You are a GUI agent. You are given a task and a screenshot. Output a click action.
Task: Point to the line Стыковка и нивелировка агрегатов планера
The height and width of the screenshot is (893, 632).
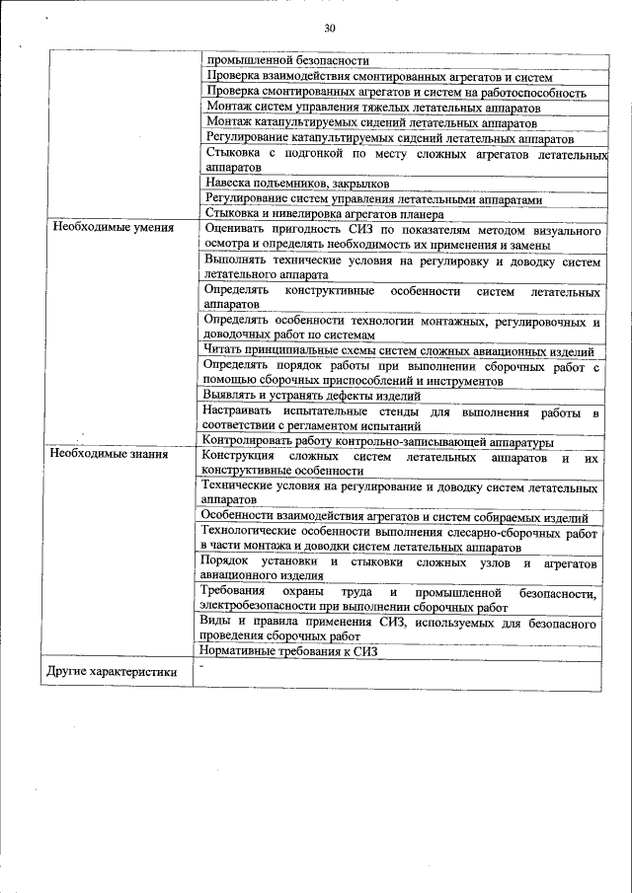coord(325,213)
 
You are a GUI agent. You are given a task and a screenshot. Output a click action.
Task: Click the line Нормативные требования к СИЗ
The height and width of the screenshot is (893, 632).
coord(289,651)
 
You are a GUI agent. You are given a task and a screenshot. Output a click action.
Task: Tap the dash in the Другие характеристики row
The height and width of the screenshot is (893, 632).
coord(200,667)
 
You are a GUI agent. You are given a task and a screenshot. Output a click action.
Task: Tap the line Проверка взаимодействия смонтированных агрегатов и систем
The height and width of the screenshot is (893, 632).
coord(380,77)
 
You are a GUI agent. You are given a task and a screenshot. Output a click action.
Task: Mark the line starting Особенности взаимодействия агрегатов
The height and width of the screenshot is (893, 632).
coord(394,516)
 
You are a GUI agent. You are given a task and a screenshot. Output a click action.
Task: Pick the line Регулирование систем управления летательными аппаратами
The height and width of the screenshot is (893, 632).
coord(375,198)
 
